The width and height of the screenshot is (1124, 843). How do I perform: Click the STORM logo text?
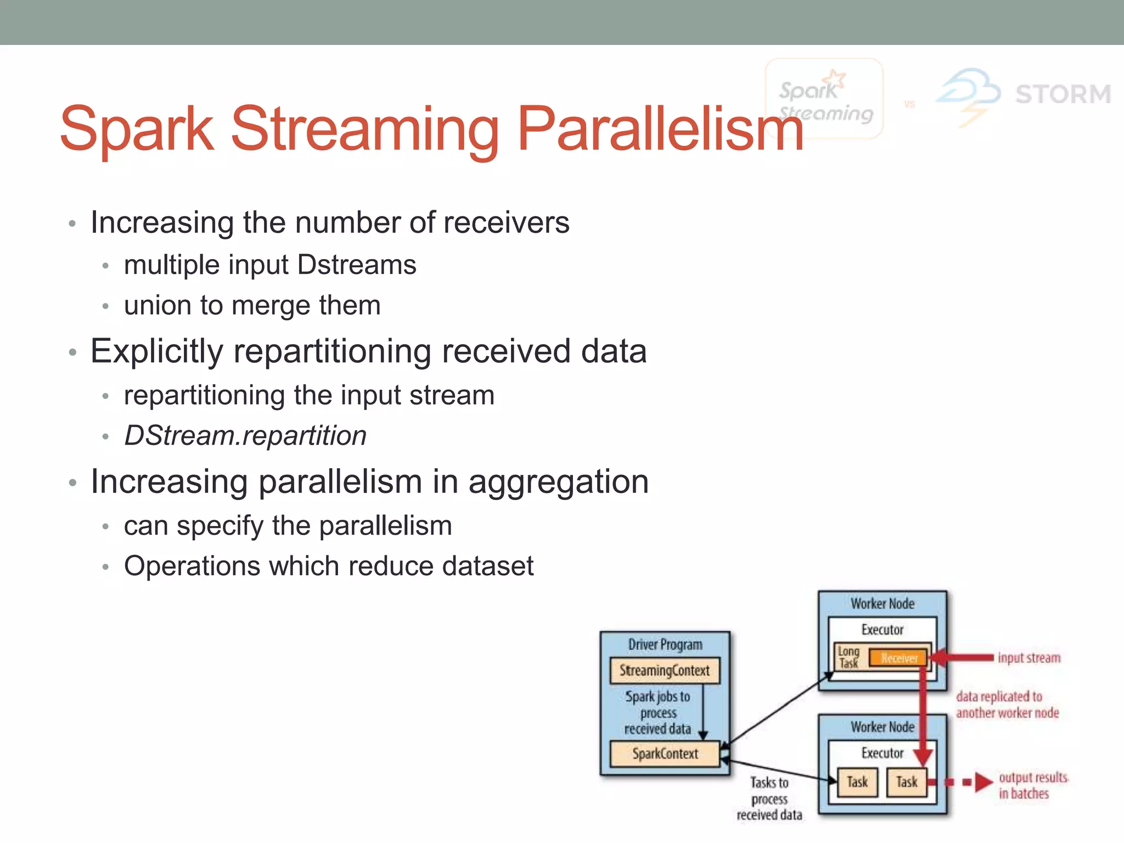click(x=1063, y=94)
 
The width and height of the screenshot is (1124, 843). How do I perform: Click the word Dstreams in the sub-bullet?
click(x=357, y=265)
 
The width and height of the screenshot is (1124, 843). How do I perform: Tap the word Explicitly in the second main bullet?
click(x=157, y=351)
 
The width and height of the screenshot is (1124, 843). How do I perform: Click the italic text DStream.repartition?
click(x=245, y=436)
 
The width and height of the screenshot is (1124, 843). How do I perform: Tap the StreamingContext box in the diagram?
click(x=665, y=671)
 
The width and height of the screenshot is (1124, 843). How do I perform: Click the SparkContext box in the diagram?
click(x=665, y=754)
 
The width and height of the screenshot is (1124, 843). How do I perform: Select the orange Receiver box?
click(x=898, y=658)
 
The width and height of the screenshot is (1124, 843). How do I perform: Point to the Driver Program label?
click(x=665, y=644)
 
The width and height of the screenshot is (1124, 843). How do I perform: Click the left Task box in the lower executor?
click(x=857, y=782)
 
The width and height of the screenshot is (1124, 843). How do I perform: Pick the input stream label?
click(x=1029, y=657)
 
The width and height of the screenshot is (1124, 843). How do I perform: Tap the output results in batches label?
click(x=1032, y=785)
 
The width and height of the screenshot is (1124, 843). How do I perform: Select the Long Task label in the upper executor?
click(x=848, y=657)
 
